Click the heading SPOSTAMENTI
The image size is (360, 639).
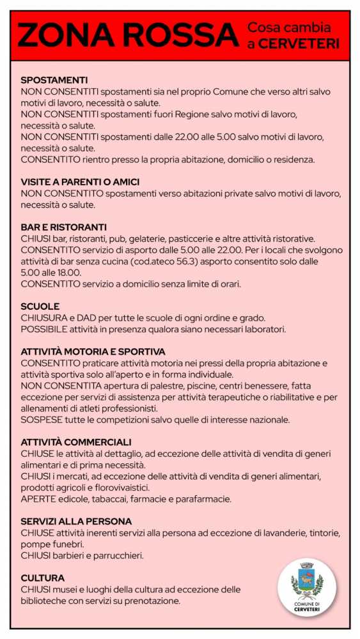click(54, 80)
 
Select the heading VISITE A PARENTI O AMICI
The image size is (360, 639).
click(80, 181)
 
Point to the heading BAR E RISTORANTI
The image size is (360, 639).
click(63, 227)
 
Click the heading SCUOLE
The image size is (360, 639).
click(40, 306)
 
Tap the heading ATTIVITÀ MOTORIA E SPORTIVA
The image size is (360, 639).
click(93, 351)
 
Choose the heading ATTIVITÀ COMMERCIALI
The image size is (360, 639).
click(75, 442)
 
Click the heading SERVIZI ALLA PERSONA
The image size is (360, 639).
click(75, 521)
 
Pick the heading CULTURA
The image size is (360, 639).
click(42, 578)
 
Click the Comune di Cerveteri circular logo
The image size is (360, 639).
click(307, 587)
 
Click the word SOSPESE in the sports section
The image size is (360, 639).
click(40, 420)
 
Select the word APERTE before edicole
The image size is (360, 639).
click(38, 499)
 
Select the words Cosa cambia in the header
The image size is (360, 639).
click(289, 28)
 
